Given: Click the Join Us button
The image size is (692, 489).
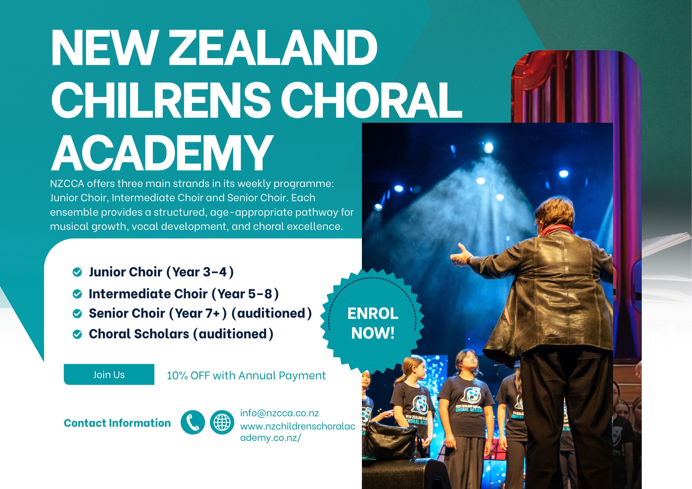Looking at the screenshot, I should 109,375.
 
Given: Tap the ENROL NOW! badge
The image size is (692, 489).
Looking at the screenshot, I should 372,323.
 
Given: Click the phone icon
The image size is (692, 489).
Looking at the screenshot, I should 193,422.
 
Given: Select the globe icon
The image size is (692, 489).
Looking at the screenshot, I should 222,422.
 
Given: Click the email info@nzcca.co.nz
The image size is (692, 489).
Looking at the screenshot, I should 279,413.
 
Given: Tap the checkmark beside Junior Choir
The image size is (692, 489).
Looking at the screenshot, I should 77,272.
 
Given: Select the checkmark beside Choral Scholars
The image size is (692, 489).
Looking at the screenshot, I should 77,334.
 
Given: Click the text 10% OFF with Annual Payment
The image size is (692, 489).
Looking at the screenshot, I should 246,376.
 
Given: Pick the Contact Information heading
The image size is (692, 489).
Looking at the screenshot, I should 117,423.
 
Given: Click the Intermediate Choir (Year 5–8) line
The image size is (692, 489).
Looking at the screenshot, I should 183,294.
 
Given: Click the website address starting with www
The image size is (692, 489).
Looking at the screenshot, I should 297,432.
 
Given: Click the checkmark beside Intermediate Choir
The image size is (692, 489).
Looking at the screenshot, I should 77,294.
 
